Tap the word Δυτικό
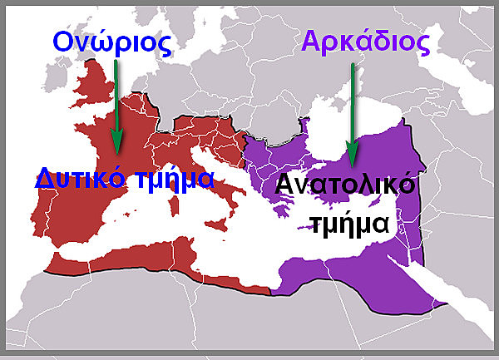pyautogui.click(x=75, y=177)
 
